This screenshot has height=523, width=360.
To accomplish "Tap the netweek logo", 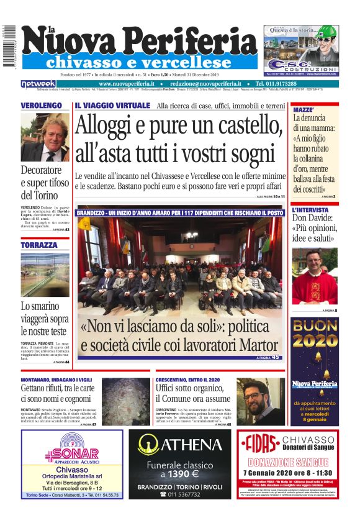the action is click(x=38, y=83).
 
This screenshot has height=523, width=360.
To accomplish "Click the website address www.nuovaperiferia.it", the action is click(x=127, y=83).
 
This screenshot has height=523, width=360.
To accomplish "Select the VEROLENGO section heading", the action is click(x=41, y=106).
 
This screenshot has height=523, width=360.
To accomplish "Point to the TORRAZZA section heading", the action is click(x=39, y=245).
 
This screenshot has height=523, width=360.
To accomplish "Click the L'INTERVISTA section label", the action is click(x=311, y=211).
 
